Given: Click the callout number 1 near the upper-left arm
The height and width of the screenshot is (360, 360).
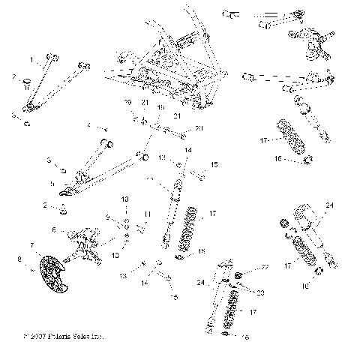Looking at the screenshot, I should tap(32, 58).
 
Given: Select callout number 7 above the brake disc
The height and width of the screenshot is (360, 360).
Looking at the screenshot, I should tap(31, 245).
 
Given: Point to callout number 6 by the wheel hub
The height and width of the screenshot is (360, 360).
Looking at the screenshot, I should tap(53, 229).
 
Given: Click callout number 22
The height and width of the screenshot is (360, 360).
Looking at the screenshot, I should tap(265, 268).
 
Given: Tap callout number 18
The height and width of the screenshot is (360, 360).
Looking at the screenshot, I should tap(159, 108).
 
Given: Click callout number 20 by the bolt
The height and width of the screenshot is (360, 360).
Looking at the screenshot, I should tap(199, 129).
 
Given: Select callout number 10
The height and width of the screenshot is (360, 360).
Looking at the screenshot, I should tap(125, 199).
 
